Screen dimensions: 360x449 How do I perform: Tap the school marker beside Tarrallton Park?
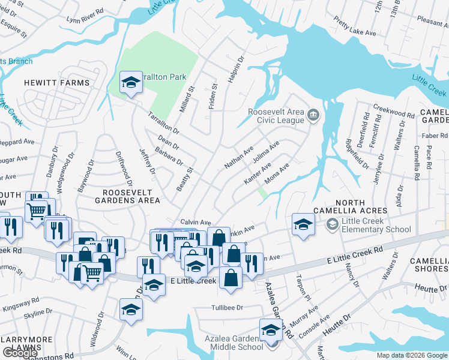coord(130,83)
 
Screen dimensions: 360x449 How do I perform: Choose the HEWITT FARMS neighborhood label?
coord(57,83)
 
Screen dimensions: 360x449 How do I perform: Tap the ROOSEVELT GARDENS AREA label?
coord(131,196)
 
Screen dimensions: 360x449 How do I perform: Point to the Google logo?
coord(20,353)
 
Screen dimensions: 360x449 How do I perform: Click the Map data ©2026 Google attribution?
coord(411,355)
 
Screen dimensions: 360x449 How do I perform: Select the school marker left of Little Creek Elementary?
coord(303,225)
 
